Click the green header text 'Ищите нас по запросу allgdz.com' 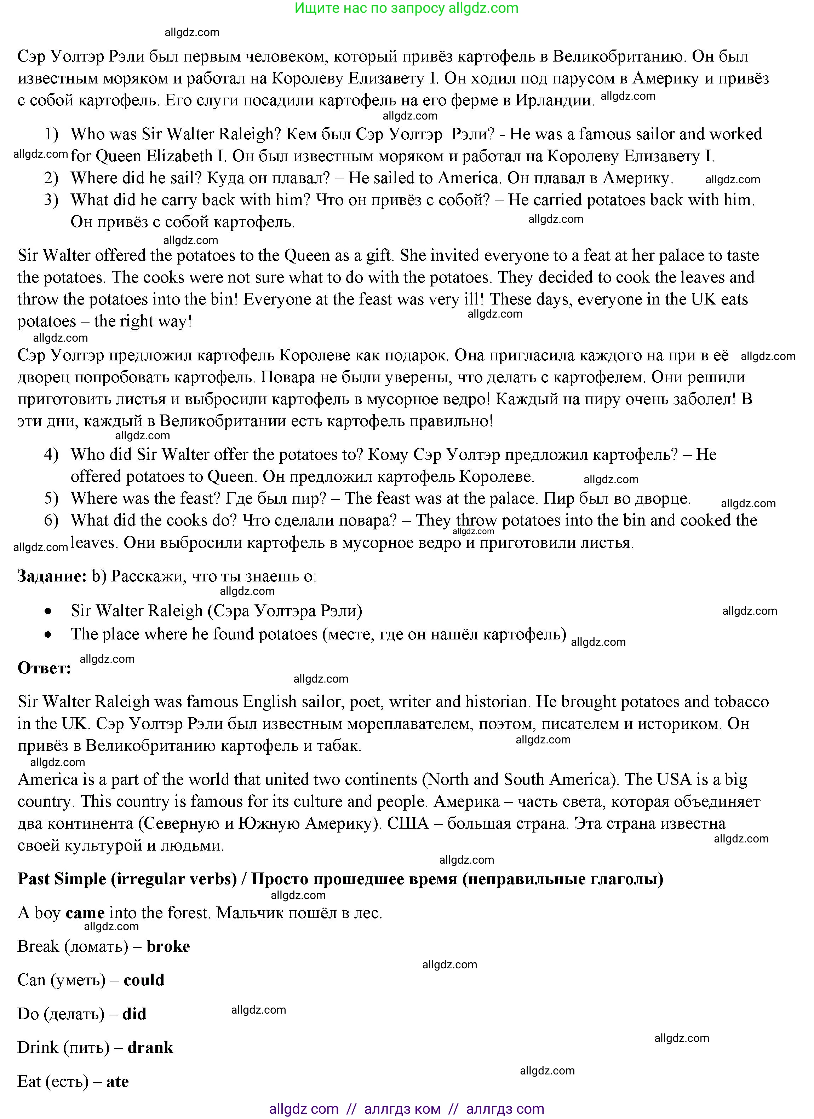point(406,8)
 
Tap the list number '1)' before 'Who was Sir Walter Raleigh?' point(51,134)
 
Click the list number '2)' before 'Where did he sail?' point(51,178)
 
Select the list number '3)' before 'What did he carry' point(51,200)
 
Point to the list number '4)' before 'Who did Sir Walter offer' point(51,454)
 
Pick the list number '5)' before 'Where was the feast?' point(51,498)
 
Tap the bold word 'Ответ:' point(45,668)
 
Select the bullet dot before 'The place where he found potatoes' point(48,635)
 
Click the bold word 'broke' point(168,946)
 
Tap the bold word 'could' point(144,980)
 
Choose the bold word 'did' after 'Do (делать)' point(134,1014)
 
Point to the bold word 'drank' point(150,1048)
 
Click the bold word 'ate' point(117,1082)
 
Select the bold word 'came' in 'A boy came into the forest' point(85,913)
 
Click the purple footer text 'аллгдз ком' point(402,1109)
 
